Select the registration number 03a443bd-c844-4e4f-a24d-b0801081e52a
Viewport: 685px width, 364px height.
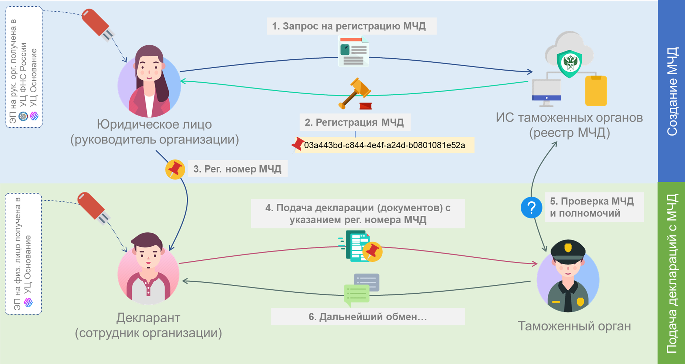pyautogui.click(x=384, y=145)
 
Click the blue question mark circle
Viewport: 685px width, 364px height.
pyautogui.click(x=531, y=208)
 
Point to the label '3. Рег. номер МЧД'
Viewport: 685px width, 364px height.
pyautogui.click(x=237, y=169)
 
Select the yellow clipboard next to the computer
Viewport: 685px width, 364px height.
pyautogui.click(x=596, y=91)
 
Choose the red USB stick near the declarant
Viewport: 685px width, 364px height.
pyautogui.click(x=93, y=208)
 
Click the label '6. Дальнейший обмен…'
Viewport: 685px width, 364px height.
pyautogui.click(x=368, y=316)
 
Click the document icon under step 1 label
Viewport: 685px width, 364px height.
pyautogui.click(x=353, y=51)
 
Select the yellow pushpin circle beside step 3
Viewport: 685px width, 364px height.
pyautogui.click(x=175, y=169)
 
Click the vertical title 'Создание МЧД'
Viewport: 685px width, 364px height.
pyautogui.click(x=672, y=91)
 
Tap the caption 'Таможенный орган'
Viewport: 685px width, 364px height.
pyautogui.click(x=574, y=326)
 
